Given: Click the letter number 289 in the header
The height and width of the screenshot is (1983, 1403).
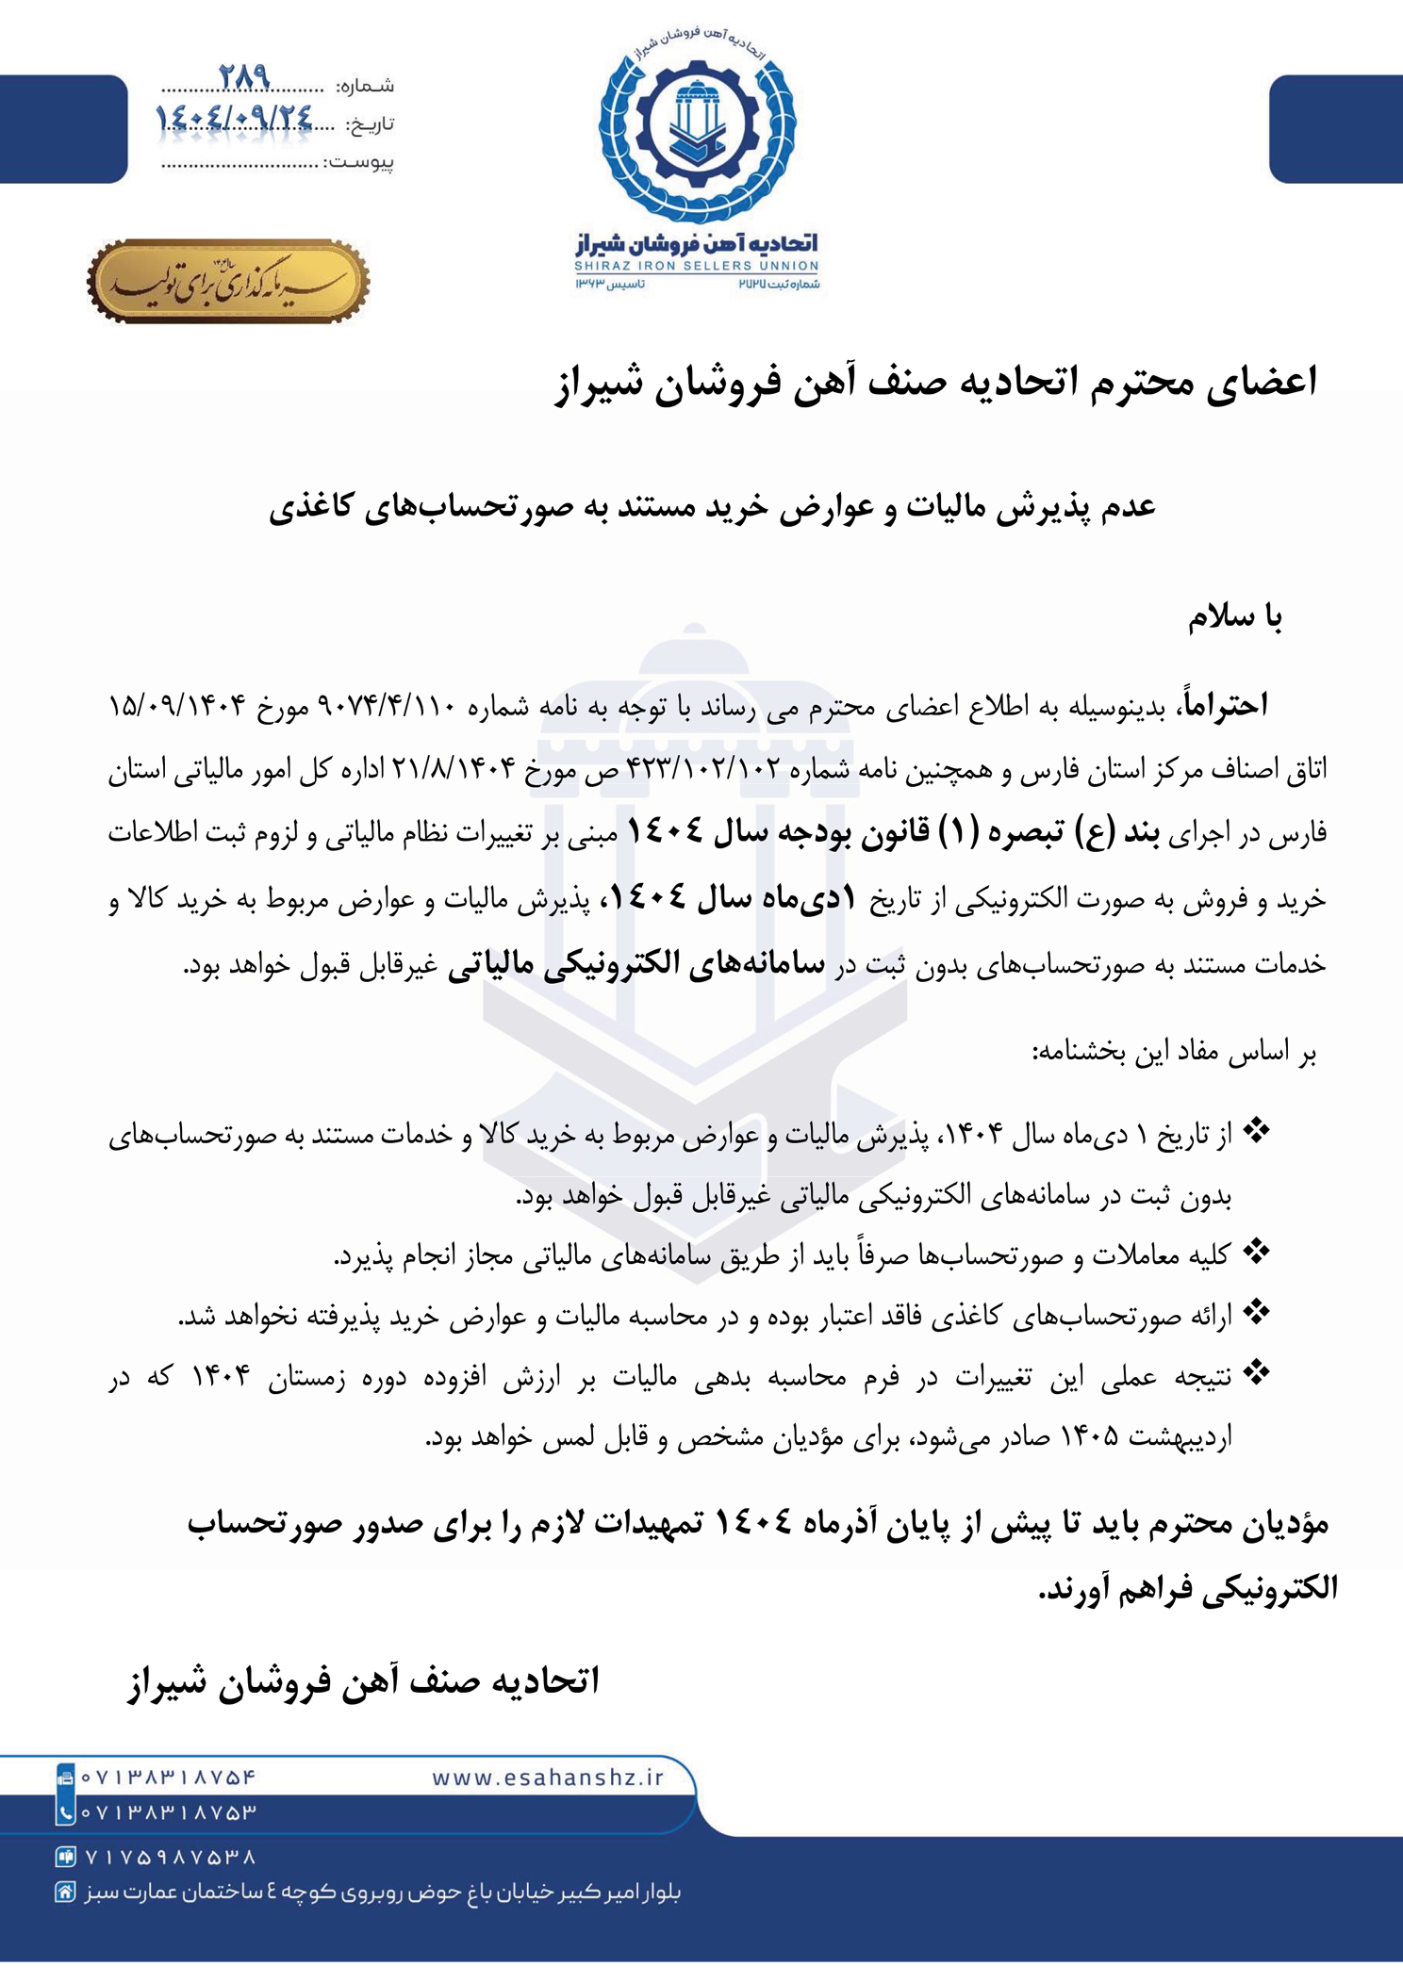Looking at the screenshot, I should click(x=244, y=75).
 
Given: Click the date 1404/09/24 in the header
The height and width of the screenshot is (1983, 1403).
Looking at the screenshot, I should click(x=233, y=117).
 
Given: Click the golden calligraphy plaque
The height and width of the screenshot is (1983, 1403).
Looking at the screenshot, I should click(x=228, y=281).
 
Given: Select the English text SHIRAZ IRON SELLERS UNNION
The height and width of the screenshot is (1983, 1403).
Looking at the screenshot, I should click(x=697, y=267).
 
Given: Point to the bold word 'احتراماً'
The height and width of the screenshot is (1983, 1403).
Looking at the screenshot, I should click(x=1223, y=706).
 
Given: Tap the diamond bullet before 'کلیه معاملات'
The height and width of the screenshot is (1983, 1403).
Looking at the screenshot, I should click(x=1256, y=1253).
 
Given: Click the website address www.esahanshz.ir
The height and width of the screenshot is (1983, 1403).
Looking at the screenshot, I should click(x=548, y=1778).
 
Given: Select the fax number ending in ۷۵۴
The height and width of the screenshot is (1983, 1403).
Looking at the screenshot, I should click(x=169, y=1778).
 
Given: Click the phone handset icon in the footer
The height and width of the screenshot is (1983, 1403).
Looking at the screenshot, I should click(x=65, y=1811).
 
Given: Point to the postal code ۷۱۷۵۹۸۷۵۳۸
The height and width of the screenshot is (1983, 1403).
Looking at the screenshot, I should click(x=171, y=1857).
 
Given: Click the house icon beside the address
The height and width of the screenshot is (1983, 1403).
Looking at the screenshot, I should click(x=65, y=1892).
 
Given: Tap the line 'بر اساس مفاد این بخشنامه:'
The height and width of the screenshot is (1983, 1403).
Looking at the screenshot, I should click(x=1174, y=1053).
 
